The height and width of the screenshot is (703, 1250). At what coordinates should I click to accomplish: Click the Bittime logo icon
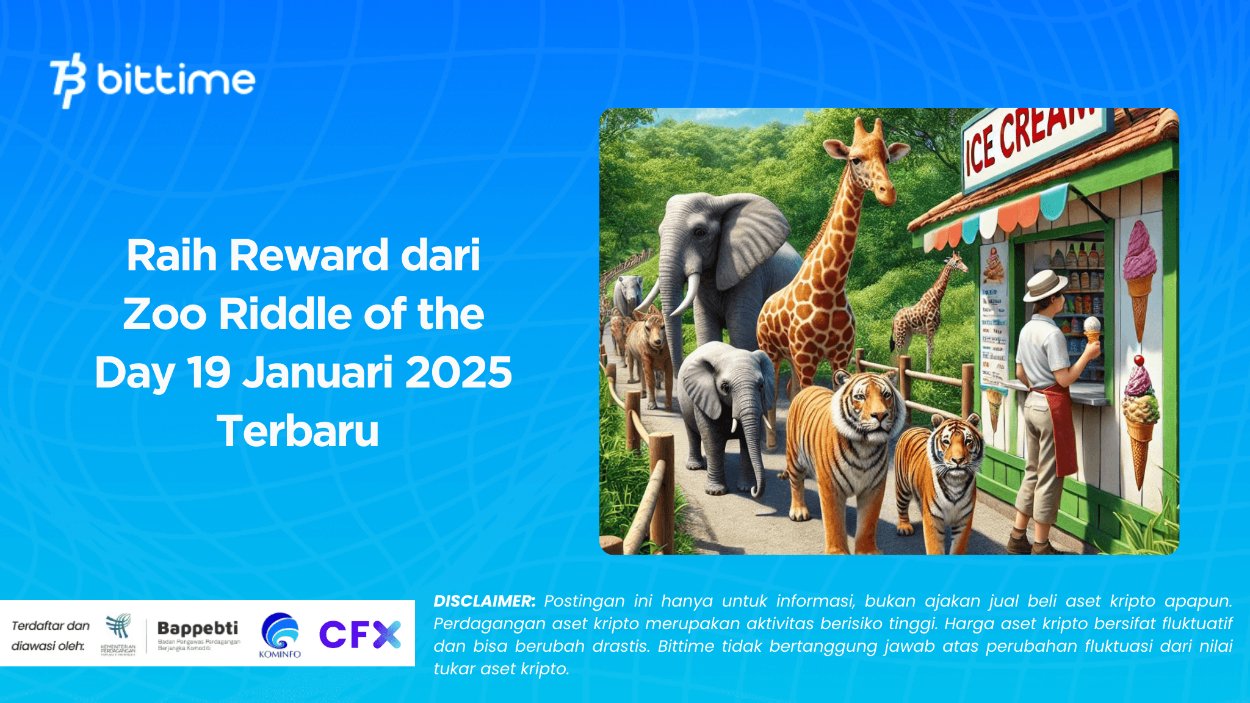(68, 80)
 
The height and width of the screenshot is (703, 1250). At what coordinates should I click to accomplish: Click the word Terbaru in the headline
(298, 431)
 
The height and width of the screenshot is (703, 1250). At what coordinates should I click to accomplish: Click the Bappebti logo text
(198, 629)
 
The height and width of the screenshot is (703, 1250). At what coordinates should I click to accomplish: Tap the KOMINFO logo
(280, 635)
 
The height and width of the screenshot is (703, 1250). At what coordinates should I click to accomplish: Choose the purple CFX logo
(360, 634)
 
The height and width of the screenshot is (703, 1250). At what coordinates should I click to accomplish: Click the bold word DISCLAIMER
(485, 601)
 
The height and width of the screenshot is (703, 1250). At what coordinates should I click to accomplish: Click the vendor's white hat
(1044, 284)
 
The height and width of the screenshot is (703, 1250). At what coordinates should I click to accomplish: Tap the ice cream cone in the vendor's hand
(1091, 330)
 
